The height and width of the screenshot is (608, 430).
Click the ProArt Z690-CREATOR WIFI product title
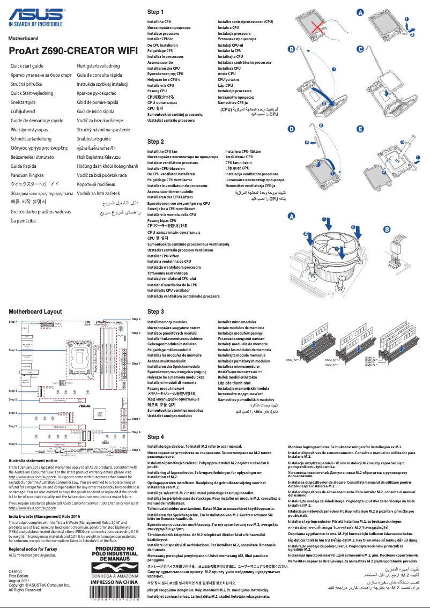click(69, 51)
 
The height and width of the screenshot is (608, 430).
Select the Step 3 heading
click(155, 312)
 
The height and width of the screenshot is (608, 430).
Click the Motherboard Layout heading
click(35, 312)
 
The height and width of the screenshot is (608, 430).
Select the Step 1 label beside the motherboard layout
click(13, 350)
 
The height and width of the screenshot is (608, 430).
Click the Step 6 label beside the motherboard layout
click(136, 449)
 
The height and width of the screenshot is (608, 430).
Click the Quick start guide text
click(27, 65)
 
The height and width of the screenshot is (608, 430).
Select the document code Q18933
click(16, 573)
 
